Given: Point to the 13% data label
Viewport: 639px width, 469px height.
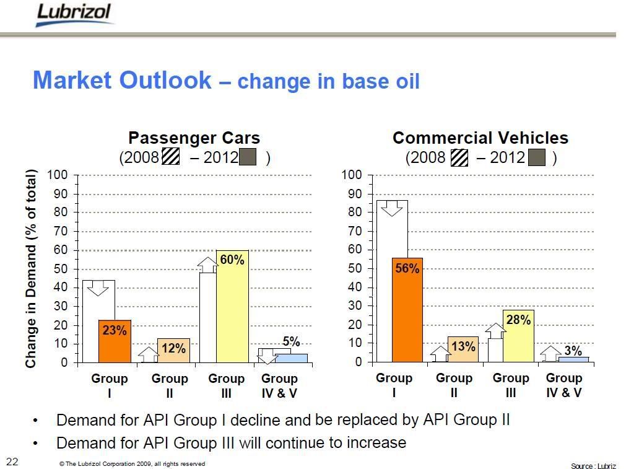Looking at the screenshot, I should click(463, 347).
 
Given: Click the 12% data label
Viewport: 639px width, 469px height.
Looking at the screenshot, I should click(173, 349).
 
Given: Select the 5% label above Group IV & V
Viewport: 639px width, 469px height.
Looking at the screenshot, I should click(291, 341).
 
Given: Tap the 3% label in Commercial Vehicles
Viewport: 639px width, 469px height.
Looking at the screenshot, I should click(573, 351).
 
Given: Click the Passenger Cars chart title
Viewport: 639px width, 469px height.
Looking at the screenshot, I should click(194, 138).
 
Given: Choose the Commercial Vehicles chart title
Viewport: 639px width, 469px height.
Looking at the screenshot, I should click(480, 138).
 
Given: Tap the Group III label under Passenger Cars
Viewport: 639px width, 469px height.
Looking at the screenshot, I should click(226, 385).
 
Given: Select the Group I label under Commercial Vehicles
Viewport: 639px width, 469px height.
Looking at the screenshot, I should click(394, 385).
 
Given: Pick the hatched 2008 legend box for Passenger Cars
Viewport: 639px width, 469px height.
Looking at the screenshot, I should click(171, 157).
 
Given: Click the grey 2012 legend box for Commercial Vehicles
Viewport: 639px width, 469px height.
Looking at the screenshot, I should click(536, 157).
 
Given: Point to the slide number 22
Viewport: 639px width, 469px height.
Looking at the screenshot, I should click(12, 461).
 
